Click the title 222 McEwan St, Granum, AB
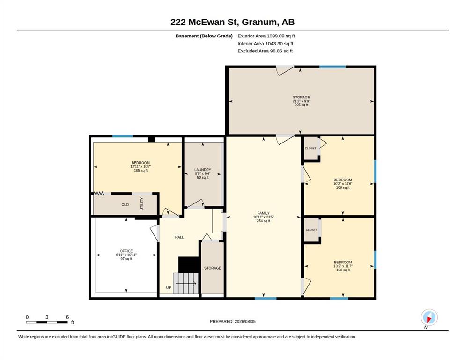(232, 22)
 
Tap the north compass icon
(429, 318)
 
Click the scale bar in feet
(47, 322)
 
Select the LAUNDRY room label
(203, 170)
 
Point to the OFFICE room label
(126, 251)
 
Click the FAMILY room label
(263, 213)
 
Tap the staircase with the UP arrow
(185, 284)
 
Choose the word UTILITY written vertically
(141, 204)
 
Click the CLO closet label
(125, 204)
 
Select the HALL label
(179, 237)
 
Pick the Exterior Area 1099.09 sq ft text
(266, 36)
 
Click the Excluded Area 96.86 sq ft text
(265, 51)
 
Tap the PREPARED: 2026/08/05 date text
(232, 321)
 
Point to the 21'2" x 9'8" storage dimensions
(301, 101)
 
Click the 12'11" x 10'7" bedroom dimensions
(140, 166)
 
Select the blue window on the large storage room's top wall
(332, 67)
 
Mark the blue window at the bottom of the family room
(266, 298)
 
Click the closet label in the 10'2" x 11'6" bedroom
(310, 148)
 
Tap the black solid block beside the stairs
(189, 264)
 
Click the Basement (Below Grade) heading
(204, 36)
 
